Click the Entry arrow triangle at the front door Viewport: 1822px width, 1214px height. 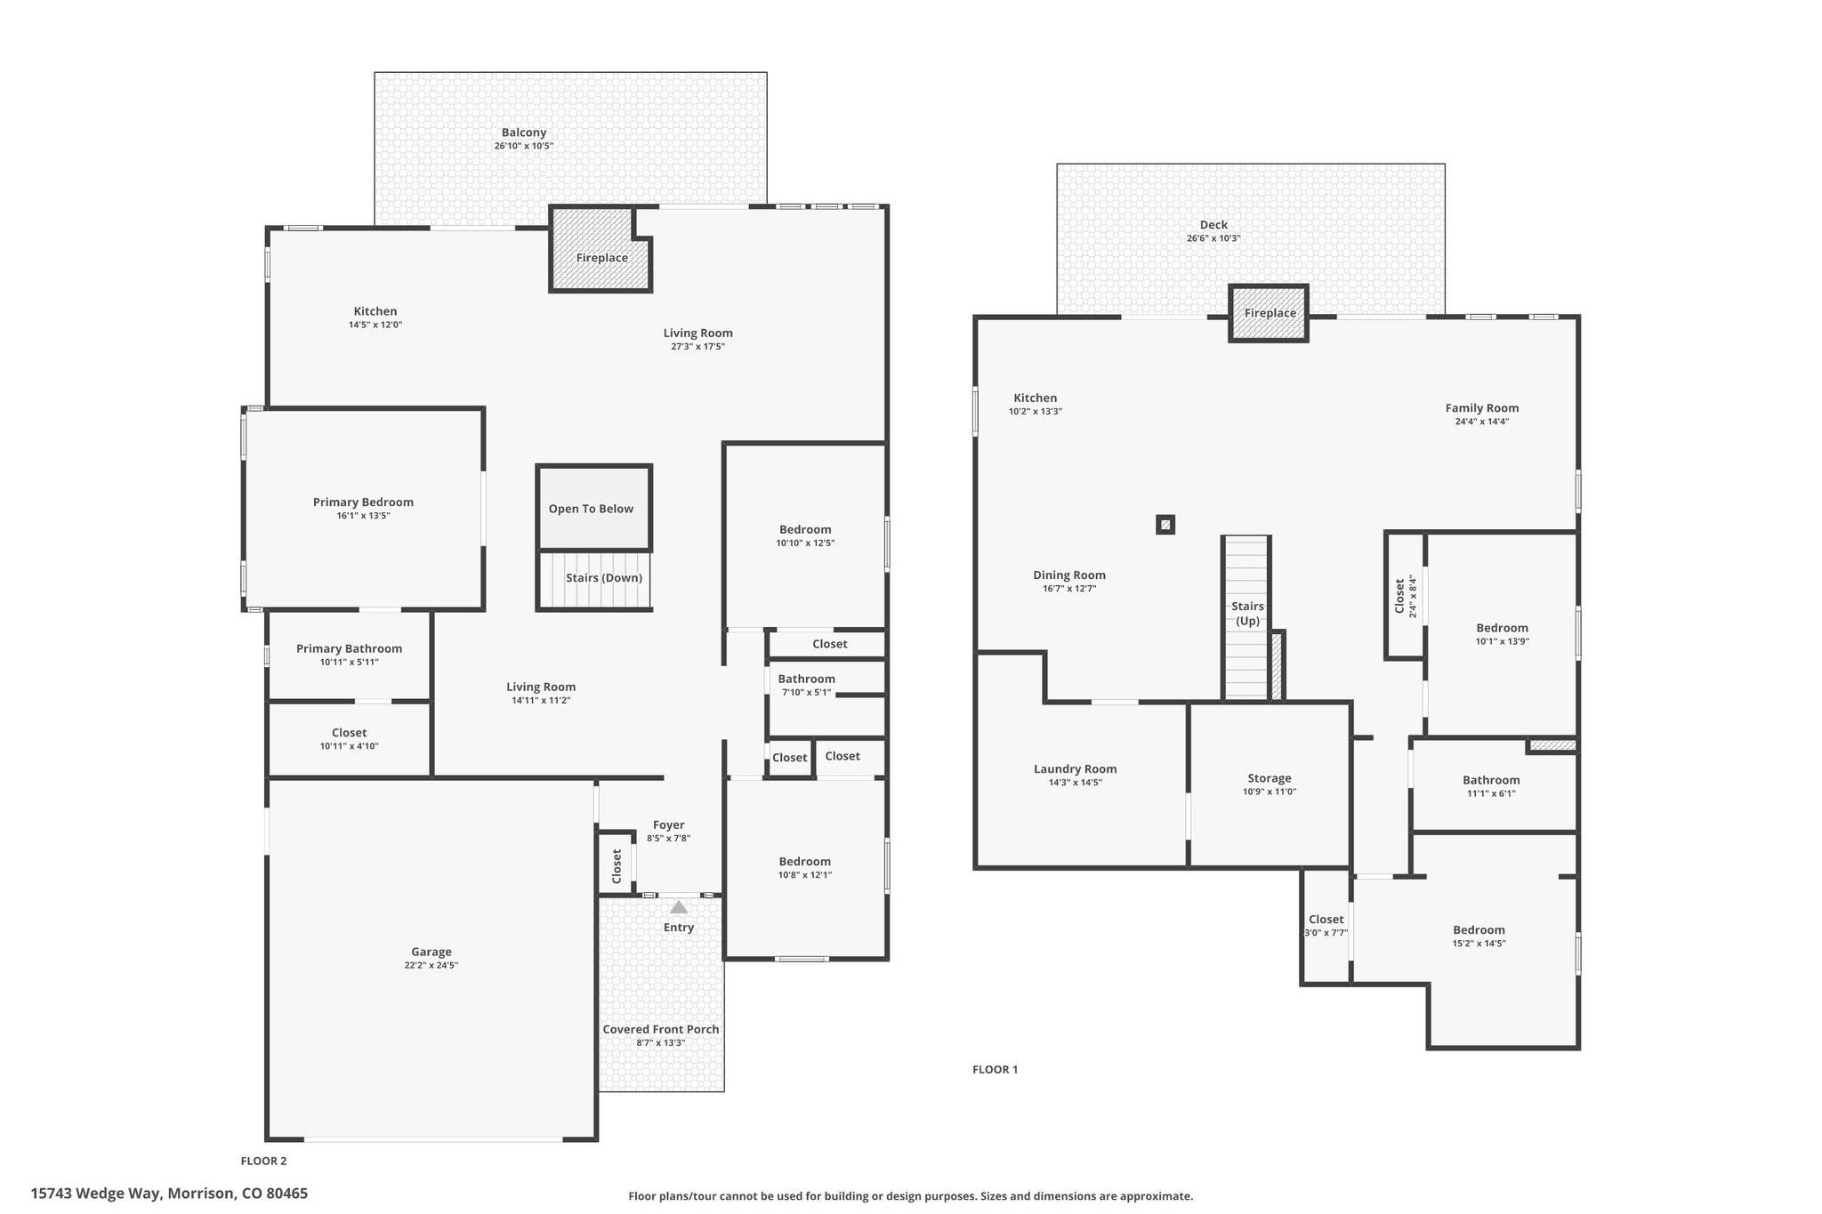(679, 907)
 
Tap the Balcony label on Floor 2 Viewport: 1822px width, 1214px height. (524, 133)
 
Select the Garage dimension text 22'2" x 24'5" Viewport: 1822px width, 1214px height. (431, 965)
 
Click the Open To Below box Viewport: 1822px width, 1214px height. (593, 507)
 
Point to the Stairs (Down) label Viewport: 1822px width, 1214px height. (604, 578)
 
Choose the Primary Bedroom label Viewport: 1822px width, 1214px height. (363, 502)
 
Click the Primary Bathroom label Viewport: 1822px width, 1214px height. (349, 648)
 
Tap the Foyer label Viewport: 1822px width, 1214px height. (669, 824)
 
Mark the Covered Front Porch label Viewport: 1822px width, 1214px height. (661, 1029)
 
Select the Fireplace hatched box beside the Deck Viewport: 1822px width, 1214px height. (1269, 313)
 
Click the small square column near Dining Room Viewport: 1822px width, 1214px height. (1165, 525)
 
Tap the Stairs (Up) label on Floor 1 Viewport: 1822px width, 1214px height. (1247, 614)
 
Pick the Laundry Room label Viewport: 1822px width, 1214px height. (1075, 769)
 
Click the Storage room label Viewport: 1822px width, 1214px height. (1270, 778)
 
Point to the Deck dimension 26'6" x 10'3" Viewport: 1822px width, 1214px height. (1213, 238)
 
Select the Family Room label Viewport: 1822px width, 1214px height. (1482, 408)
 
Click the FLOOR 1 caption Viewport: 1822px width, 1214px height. (995, 1069)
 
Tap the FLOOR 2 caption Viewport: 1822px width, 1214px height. (264, 1161)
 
